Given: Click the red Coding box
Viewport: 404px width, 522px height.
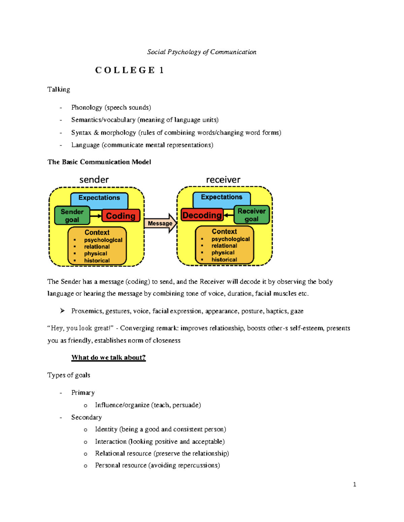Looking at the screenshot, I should point(121,216).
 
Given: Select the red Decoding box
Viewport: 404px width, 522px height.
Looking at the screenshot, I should point(202,215).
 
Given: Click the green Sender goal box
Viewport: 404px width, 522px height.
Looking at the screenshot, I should point(72,216).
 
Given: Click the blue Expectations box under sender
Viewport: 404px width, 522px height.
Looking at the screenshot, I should point(99,198).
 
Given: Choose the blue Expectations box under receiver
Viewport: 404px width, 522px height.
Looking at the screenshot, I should point(222,197).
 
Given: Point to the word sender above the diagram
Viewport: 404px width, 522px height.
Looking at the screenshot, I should point(94,179).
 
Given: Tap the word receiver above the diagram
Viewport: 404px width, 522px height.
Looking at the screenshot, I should point(223,179).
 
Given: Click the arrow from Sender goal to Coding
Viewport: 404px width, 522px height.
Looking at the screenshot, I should point(96,215).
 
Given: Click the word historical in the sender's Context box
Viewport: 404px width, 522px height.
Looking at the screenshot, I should point(97,260).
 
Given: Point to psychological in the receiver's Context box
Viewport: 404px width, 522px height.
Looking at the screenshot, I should point(231,239).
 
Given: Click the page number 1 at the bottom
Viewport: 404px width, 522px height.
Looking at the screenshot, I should point(355,484).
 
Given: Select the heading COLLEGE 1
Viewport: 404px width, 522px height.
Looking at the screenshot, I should point(129,70).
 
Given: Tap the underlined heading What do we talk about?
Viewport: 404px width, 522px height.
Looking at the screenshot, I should point(108,357).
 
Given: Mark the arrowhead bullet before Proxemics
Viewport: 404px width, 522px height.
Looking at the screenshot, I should point(62,311).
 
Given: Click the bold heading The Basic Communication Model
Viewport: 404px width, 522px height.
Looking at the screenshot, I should point(99,162).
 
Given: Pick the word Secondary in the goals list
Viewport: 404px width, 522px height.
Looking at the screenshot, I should point(87,417).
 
